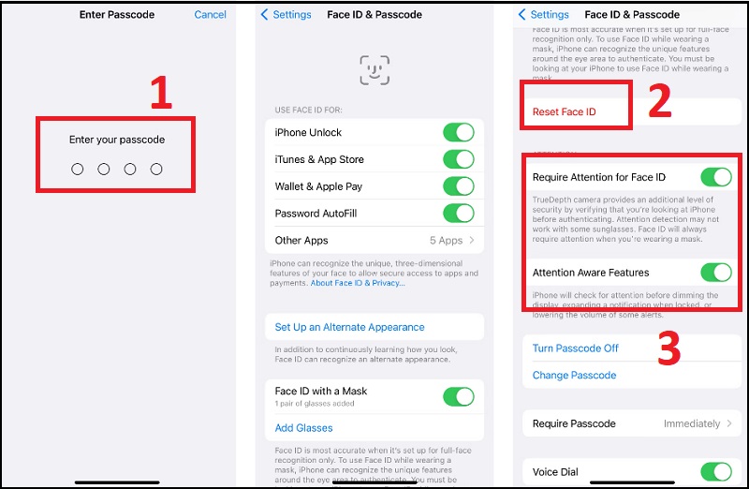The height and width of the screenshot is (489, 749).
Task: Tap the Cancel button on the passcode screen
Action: (210, 14)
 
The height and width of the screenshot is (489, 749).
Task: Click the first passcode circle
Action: (78, 169)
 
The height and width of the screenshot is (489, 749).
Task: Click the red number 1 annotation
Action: (161, 94)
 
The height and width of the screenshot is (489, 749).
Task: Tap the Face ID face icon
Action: (374, 70)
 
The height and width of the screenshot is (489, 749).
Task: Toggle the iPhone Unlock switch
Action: (458, 132)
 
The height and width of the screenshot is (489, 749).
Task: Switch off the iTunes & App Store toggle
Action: (458, 159)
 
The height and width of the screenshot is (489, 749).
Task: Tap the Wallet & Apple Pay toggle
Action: (458, 186)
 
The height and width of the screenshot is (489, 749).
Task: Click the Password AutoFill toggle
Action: (458, 214)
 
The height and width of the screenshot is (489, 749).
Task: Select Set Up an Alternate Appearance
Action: (349, 327)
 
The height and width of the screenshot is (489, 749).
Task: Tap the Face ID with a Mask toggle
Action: (458, 396)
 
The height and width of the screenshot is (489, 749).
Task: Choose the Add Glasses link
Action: (303, 428)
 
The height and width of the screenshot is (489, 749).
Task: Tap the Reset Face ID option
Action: (564, 111)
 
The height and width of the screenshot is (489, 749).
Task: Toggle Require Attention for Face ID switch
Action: (715, 177)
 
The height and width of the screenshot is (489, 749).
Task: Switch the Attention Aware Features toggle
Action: (715, 273)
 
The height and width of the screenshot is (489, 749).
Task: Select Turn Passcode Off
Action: (575, 348)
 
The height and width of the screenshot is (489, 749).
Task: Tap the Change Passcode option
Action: (574, 375)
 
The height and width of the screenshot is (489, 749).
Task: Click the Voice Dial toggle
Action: (715, 472)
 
